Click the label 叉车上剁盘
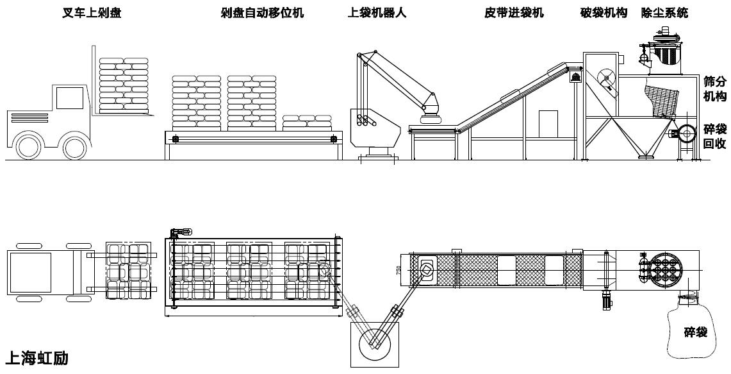point(92,13)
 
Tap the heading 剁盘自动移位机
point(263,13)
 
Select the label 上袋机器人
point(377,13)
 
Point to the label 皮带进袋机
point(514,13)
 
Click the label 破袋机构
point(604,13)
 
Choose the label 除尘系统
point(665,13)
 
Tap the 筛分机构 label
point(715,89)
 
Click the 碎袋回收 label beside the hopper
point(715,137)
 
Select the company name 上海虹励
point(37,358)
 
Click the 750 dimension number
point(398,270)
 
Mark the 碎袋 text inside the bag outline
point(696,332)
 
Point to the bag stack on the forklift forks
point(124,85)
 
